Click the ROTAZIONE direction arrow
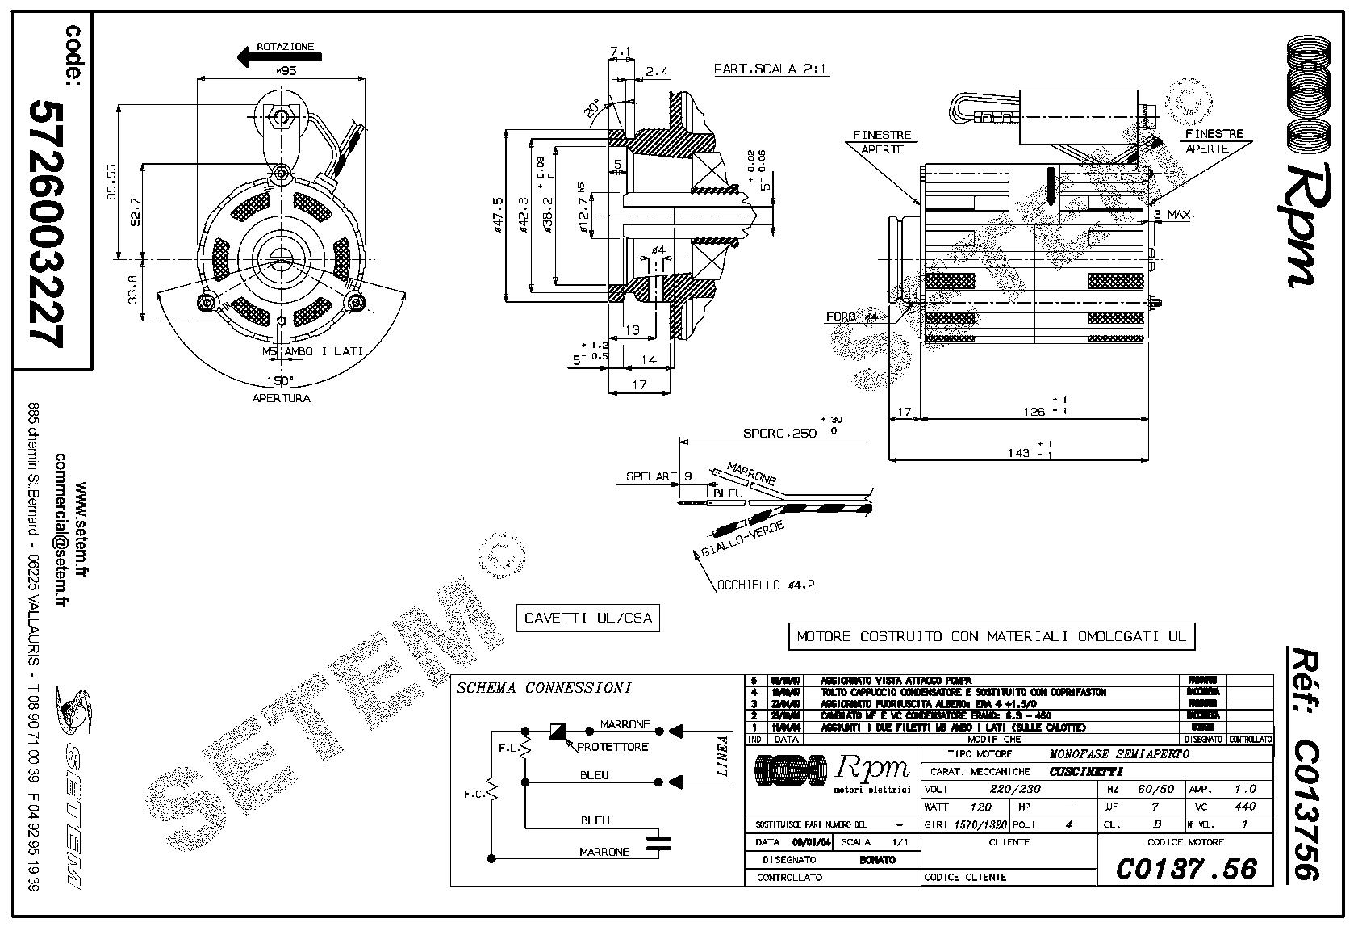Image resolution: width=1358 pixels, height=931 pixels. [278, 57]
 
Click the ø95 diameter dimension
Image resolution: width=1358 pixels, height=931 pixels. [286, 71]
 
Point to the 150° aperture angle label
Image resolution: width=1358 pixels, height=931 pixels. [280, 380]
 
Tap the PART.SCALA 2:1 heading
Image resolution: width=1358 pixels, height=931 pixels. [771, 69]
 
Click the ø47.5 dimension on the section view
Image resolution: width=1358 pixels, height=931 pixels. [500, 214]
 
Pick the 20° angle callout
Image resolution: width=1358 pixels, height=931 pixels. [594, 110]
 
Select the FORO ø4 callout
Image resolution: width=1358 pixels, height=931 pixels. [851, 317]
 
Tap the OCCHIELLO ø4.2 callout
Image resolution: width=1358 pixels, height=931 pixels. [766, 585]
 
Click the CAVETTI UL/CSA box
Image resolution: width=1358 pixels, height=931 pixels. [587, 619]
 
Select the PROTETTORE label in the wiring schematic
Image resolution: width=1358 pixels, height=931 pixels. [612, 747]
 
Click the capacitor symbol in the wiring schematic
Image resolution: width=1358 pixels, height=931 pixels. [663, 843]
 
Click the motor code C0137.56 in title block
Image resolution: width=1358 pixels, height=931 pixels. [1186, 869]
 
